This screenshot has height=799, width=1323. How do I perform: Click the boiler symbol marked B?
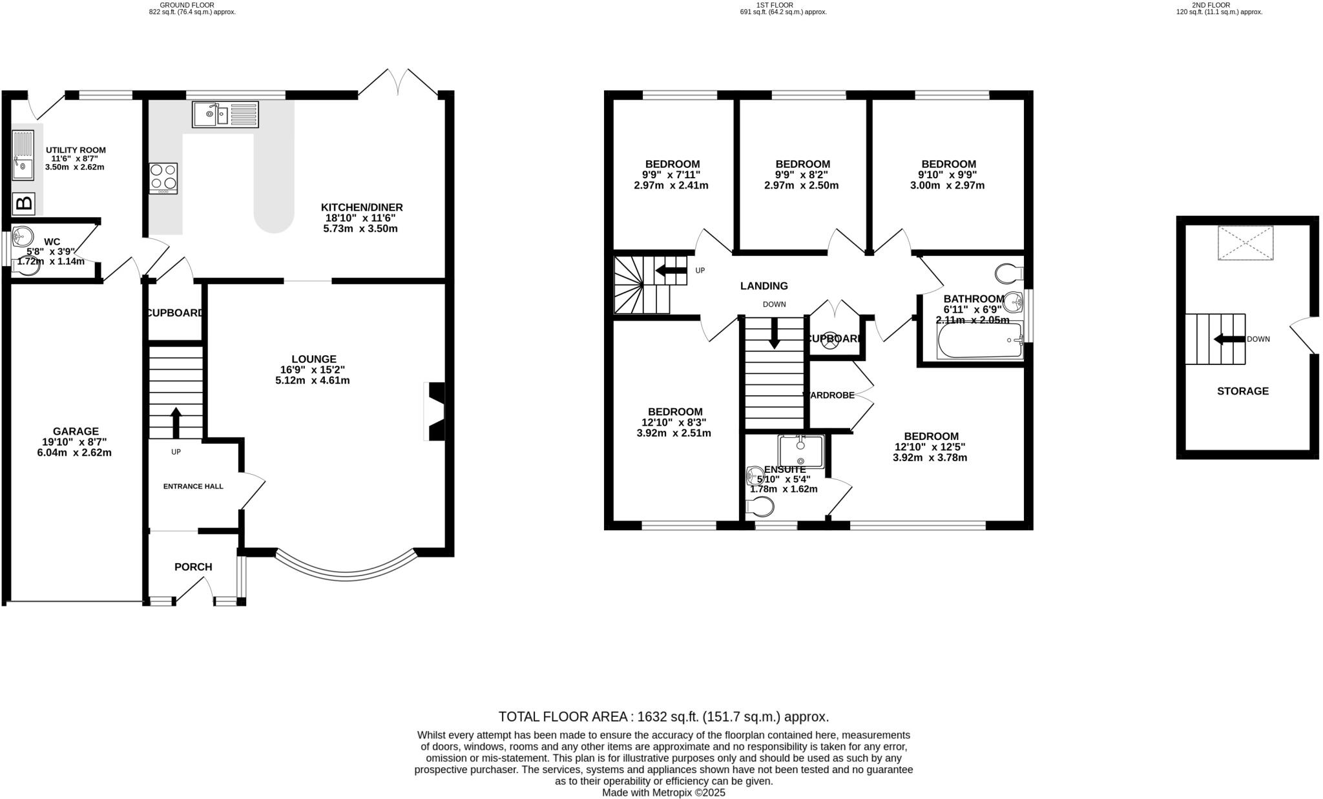click(x=24, y=204)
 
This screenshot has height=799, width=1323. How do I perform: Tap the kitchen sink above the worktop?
click(x=225, y=114)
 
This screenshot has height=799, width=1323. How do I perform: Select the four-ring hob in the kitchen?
click(x=163, y=178)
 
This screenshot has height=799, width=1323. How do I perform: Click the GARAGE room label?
click(x=76, y=431)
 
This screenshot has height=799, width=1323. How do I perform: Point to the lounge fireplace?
click(x=436, y=411)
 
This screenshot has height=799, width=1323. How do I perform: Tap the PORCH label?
click(x=193, y=567)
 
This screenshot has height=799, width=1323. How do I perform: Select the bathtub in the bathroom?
click(x=979, y=340)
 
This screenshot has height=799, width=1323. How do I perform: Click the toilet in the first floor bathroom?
click(x=1008, y=274)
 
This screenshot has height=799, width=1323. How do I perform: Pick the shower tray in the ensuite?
click(x=801, y=451)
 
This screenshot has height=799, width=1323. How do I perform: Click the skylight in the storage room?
click(x=1245, y=243)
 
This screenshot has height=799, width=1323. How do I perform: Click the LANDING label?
click(x=764, y=286)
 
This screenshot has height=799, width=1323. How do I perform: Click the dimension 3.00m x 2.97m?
click(x=948, y=186)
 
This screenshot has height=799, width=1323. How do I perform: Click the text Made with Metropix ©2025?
click(x=663, y=793)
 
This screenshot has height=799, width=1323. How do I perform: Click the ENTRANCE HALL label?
click(x=193, y=486)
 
